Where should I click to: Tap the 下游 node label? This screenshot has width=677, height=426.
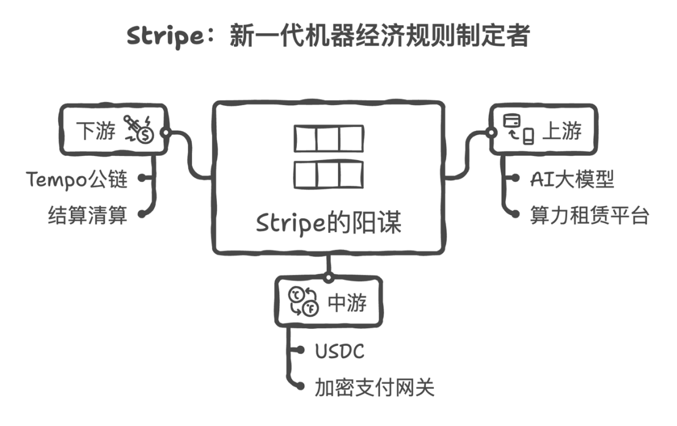[x=97, y=130]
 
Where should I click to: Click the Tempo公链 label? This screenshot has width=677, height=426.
[x=77, y=179]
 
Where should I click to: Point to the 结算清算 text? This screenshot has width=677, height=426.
[x=87, y=215]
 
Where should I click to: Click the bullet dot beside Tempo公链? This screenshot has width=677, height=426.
[x=143, y=179]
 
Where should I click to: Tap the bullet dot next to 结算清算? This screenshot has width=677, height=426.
[x=143, y=215]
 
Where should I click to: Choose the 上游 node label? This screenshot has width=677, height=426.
[x=562, y=131]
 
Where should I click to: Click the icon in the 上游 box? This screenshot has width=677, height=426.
[x=519, y=130]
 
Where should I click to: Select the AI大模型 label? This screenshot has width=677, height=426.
[x=572, y=179]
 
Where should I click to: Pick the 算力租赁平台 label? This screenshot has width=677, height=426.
[x=589, y=215]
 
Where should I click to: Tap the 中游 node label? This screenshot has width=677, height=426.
[x=347, y=302]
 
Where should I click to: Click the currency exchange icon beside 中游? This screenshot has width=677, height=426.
[x=303, y=301]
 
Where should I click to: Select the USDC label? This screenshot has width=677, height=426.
[x=340, y=351]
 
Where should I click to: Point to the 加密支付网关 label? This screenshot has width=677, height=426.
[x=375, y=387]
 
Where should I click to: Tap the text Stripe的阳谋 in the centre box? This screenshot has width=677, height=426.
[x=329, y=223]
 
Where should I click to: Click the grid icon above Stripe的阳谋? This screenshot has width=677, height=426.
[x=329, y=156]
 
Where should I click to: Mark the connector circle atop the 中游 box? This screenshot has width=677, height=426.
[x=328, y=277]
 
